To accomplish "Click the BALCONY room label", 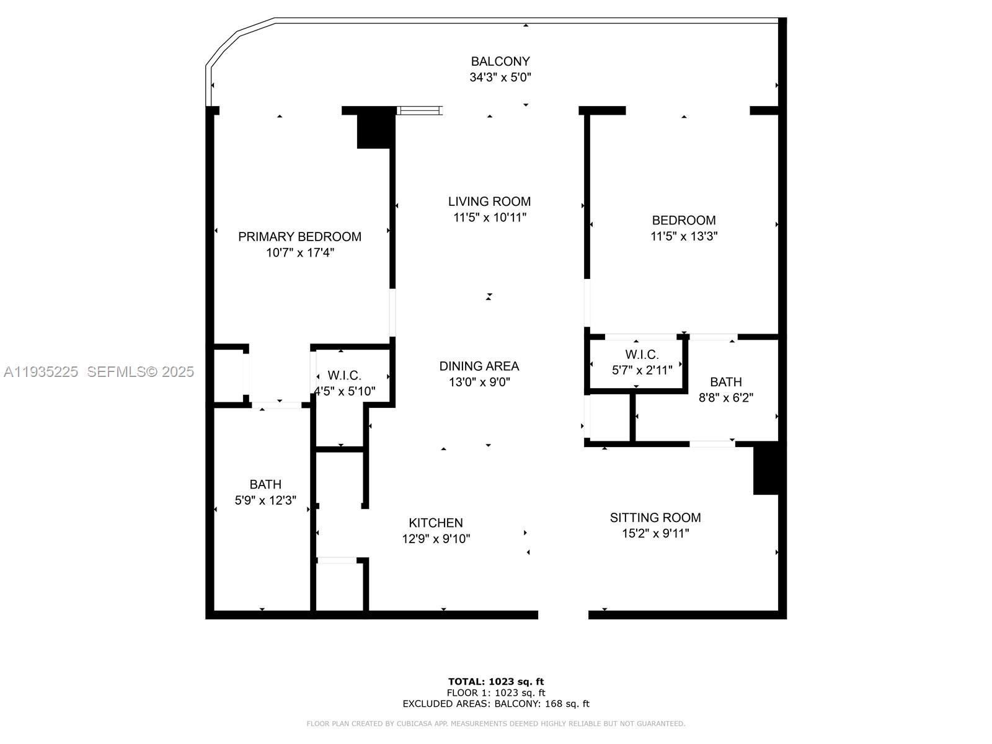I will [x=500, y=61].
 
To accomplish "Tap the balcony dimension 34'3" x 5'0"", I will [x=500, y=77].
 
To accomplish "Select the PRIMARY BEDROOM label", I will [x=299, y=236].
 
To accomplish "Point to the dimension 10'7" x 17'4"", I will [x=300, y=252].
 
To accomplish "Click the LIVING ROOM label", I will [x=489, y=201].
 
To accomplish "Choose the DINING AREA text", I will [x=479, y=366].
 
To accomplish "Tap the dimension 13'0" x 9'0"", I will [x=479, y=382].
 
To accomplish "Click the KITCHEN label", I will [x=435, y=523].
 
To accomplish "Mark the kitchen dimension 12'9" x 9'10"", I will [x=436, y=539].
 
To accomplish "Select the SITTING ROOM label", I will [x=655, y=517].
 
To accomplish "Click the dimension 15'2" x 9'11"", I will [x=655, y=533].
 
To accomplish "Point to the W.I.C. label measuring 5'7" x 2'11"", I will [x=642, y=355].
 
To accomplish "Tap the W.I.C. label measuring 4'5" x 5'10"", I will [x=344, y=376].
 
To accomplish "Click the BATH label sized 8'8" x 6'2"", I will [x=725, y=382].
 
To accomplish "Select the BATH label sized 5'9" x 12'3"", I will [x=265, y=484].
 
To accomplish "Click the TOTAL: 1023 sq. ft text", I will [x=496, y=681].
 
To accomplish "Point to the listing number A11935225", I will [x=41, y=371].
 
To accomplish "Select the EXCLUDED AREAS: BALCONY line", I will [x=496, y=704].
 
